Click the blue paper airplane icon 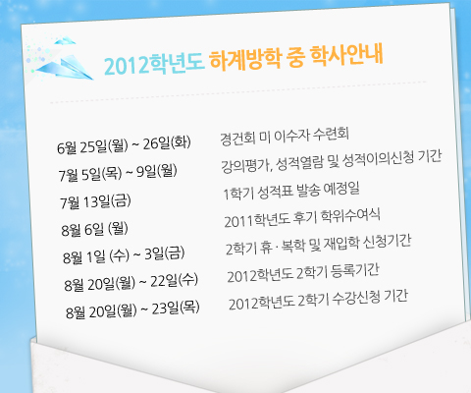point(65,62)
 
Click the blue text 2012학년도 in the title point(154,63)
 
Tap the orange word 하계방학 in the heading point(245,59)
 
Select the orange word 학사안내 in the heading point(347,55)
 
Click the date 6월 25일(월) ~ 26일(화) point(124,144)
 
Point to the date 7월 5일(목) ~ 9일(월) point(118,173)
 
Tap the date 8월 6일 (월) point(94,229)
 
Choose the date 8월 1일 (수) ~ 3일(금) point(124,255)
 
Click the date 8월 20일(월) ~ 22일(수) point(131,282)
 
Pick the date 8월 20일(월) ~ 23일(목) point(132,309)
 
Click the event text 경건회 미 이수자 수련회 point(285,136)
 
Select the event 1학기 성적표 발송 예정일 point(291,191)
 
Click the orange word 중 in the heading point(296,57)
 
